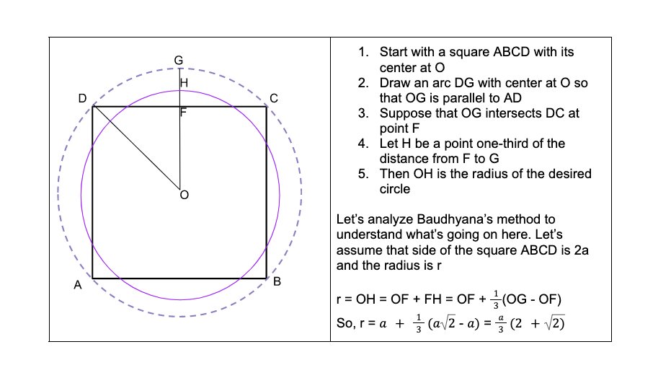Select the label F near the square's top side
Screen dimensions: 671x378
tap(184, 113)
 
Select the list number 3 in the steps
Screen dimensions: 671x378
tap(363, 113)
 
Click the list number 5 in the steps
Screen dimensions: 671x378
tap(363, 174)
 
